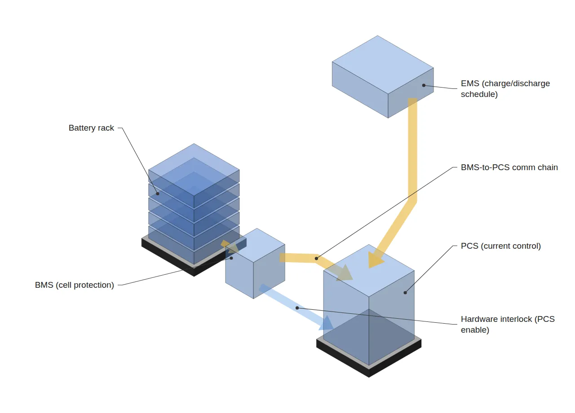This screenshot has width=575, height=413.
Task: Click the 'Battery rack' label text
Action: [x=91, y=128]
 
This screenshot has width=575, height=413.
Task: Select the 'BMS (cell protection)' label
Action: [x=75, y=285]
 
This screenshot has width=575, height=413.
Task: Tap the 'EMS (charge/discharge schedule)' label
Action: [x=505, y=89]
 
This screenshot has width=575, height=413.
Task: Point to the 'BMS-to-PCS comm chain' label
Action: [x=509, y=167]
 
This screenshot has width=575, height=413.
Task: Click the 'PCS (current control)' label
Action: [x=501, y=246]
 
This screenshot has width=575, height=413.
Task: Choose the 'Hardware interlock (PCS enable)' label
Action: [x=508, y=324]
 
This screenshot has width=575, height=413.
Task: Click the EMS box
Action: [x=383, y=77]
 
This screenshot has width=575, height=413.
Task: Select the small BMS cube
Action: [x=255, y=264]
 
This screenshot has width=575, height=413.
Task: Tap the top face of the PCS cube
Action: [x=369, y=270]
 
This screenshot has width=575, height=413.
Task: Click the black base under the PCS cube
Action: [x=369, y=358]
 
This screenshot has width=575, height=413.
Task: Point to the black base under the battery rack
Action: [x=180, y=259]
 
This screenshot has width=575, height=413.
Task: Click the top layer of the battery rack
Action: [x=194, y=176]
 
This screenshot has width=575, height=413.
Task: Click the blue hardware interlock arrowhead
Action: [x=327, y=324]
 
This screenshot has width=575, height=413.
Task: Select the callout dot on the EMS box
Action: [x=424, y=85]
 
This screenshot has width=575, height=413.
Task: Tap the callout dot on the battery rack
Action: [x=158, y=193]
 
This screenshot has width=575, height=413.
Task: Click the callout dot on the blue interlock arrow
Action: [x=297, y=308]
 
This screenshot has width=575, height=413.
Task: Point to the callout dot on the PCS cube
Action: [x=405, y=293]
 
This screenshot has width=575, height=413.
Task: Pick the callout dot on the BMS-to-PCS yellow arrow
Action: [x=316, y=259]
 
